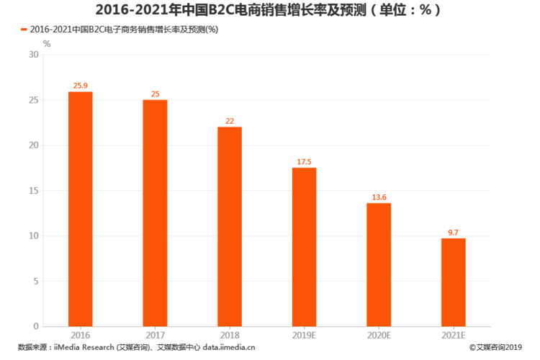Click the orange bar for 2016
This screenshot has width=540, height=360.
tap(81, 209)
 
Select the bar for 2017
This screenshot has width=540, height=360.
tap(155, 213)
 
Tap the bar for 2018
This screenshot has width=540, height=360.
tap(230, 226)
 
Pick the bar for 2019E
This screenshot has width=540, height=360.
tap(305, 247)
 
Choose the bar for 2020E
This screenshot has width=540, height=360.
tap(379, 264)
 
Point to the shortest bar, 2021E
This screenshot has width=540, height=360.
tap(453, 282)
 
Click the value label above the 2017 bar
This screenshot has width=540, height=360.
tap(155, 94)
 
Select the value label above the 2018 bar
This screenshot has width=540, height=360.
tap(230, 121)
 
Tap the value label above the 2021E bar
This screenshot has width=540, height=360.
tap(453, 232)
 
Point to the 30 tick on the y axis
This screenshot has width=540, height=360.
tap(34, 55)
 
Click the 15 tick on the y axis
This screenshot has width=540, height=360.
tap(34, 191)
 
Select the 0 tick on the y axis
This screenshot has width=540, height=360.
tap(36, 326)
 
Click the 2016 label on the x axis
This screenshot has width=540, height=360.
tap(81, 336)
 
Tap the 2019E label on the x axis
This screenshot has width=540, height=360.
tap(305, 336)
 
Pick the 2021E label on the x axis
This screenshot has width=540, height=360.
tap(453, 336)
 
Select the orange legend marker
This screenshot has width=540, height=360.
tap(24, 30)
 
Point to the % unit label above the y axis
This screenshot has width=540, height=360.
tap(47, 43)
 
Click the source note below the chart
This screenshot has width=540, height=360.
tap(137, 347)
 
